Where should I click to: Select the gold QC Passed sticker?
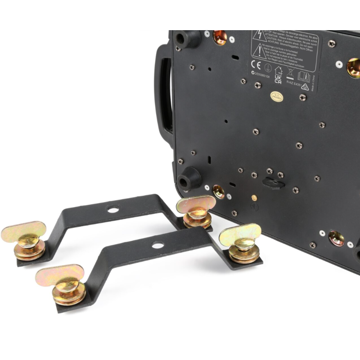(276, 96)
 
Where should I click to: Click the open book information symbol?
(304, 76)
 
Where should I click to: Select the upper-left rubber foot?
(187, 39)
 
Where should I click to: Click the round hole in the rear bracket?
(113, 210)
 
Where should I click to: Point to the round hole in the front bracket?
(157, 245)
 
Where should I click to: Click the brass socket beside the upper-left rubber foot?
(220, 37)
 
